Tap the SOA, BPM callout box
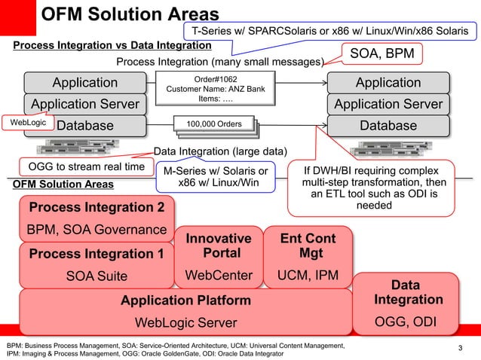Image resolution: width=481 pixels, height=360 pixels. pos(383,53)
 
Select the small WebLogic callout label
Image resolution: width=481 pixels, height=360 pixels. pos(27,122)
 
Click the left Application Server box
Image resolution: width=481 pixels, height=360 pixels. pos(84,104)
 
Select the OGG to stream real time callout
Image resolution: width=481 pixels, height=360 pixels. pos(75,166)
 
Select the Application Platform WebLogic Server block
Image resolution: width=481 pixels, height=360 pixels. pos(185,312)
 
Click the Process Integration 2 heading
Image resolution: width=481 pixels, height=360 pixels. pos(96,207)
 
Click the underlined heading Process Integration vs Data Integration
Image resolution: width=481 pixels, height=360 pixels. pos(112,46)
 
